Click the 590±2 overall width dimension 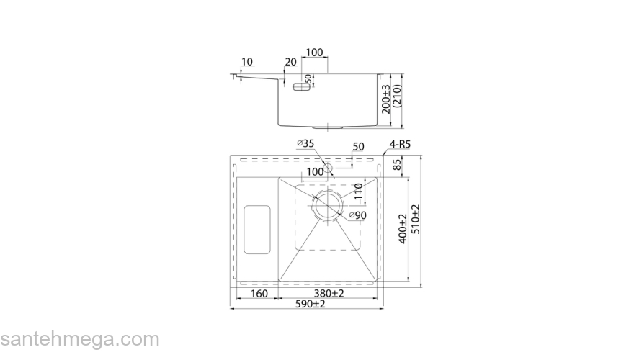tap(310, 304)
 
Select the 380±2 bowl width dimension tap(329, 293)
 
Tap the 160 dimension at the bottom tap(259, 294)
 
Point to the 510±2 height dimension tap(415, 220)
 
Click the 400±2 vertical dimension tap(403, 229)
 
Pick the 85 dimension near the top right tap(397, 165)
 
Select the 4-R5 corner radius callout tap(400, 144)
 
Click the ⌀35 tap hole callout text tap(305, 143)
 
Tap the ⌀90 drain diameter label tap(357, 215)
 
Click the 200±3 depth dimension tap(386, 99)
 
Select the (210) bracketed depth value tap(397, 96)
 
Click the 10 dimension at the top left tap(246, 62)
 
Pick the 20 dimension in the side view tap(290, 62)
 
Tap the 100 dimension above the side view tap(314, 53)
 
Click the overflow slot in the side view tap(301, 86)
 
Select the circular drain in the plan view tap(327, 205)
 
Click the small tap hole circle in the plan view tap(328, 168)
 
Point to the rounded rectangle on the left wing tap(257, 230)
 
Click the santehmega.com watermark tap(79, 339)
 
